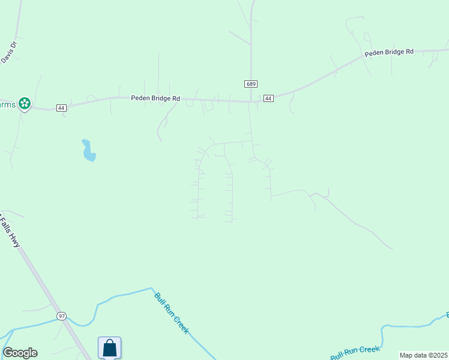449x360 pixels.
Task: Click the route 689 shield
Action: (x=251, y=83)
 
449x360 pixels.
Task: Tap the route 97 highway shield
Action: (x=61, y=316)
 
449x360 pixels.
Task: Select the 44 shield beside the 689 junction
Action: (x=268, y=98)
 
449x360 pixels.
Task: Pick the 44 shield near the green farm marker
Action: (x=61, y=107)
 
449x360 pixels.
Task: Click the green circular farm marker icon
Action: (x=25, y=104)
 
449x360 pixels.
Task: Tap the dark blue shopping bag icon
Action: (x=109, y=348)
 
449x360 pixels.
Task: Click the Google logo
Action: (x=20, y=353)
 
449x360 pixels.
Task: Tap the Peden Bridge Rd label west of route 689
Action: (x=155, y=98)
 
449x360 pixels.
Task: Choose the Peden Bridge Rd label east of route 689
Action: (x=389, y=52)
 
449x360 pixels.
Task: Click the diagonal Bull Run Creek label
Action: (x=172, y=312)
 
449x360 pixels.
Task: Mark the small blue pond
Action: (x=88, y=151)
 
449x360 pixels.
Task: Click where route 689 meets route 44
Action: (x=252, y=101)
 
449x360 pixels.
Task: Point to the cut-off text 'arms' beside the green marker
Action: (x=8, y=104)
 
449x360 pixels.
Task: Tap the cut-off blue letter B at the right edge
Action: (x=447, y=314)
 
